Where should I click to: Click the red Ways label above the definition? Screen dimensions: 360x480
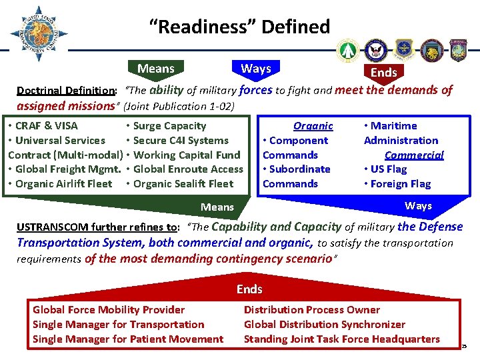pos(255,69)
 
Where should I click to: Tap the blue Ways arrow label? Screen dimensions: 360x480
pos(418,206)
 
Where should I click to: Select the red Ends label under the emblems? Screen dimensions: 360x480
pos(383,72)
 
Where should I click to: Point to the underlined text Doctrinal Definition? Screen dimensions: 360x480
pos(65,91)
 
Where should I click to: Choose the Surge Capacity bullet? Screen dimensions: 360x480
pos(169,125)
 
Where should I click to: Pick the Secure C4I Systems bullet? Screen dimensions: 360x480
pos(180,140)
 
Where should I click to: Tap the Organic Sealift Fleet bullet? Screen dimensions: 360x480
pos(183,183)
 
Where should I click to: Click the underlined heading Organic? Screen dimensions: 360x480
pos(313,125)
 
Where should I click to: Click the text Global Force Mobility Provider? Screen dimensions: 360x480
pos(109,309)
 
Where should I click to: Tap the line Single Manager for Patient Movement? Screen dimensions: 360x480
pos(128,339)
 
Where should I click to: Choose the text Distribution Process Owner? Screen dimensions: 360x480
pos(311,309)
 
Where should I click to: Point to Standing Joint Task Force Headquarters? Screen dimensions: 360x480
pos(341,339)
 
